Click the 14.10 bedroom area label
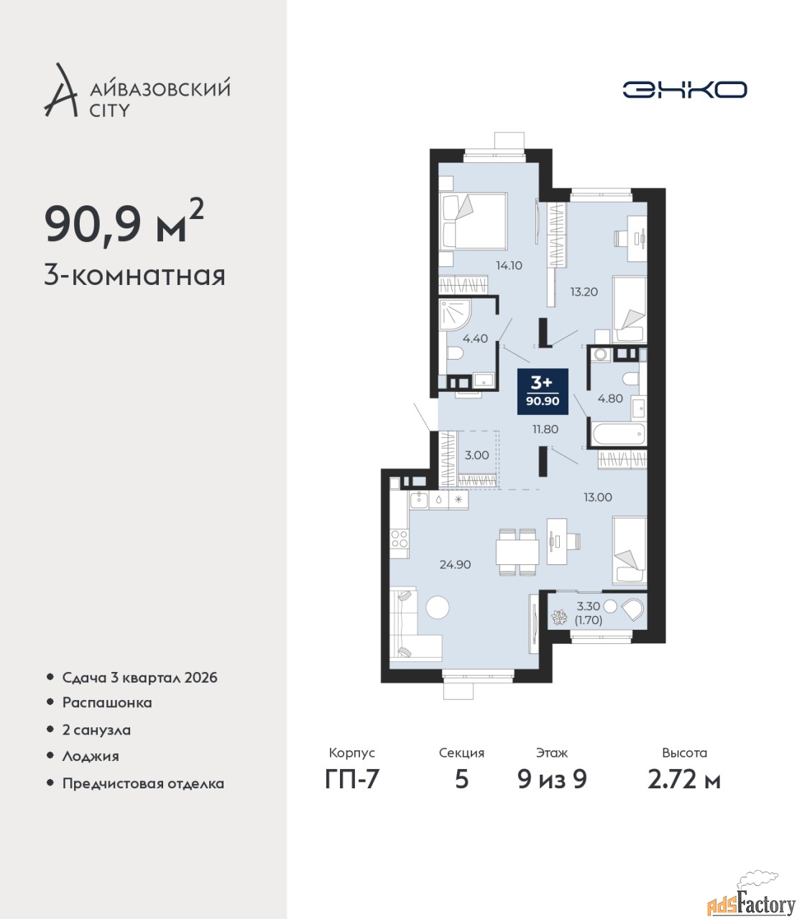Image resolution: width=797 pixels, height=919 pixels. click(509, 266)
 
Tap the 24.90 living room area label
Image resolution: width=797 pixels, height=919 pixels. click(455, 564)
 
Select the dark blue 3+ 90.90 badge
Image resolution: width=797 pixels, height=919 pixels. click(543, 391)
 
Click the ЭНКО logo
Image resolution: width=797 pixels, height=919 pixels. click(684, 89)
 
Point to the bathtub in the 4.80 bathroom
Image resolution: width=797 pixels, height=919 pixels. click(617, 434)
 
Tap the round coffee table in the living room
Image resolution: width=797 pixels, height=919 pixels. click(437, 607)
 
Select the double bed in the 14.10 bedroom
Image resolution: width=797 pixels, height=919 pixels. click(473, 221)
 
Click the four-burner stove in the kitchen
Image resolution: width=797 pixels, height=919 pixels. click(399, 538)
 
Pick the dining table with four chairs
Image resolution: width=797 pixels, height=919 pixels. click(517, 551)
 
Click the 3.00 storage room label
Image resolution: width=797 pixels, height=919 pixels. click(476, 455)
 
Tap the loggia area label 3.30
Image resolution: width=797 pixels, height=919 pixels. click(589, 605)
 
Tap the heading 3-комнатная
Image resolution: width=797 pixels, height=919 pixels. click(135, 276)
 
